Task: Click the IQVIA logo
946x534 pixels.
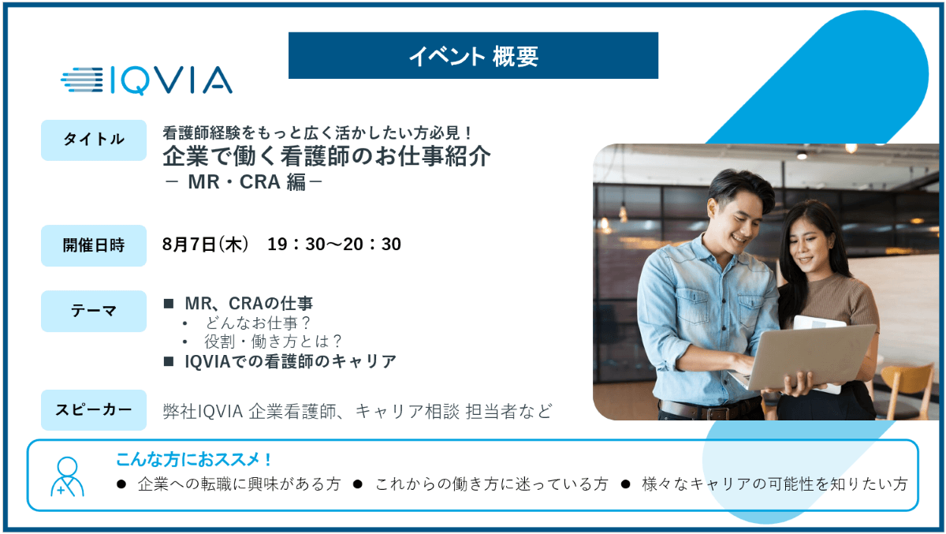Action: tap(146, 80)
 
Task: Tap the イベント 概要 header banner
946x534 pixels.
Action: tap(473, 55)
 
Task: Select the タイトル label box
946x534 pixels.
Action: tap(94, 140)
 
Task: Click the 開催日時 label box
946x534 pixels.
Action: tap(94, 245)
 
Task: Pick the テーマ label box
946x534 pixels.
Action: tap(94, 311)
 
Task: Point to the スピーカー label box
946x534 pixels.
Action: tap(94, 410)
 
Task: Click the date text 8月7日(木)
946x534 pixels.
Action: tap(206, 245)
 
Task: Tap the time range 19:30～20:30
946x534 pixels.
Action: tap(334, 245)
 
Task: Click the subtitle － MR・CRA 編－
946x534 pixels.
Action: tap(244, 182)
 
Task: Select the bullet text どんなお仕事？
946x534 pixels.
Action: tap(258, 323)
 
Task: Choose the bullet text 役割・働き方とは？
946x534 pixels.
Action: tap(273, 342)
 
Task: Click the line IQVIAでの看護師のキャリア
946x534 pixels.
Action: tap(291, 361)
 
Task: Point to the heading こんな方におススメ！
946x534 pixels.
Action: tap(193, 459)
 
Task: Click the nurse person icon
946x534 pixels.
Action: tap(67, 476)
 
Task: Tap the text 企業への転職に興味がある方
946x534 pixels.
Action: tap(239, 484)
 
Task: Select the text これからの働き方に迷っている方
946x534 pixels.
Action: tap(492, 484)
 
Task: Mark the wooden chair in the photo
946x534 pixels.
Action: tap(908, 389)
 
